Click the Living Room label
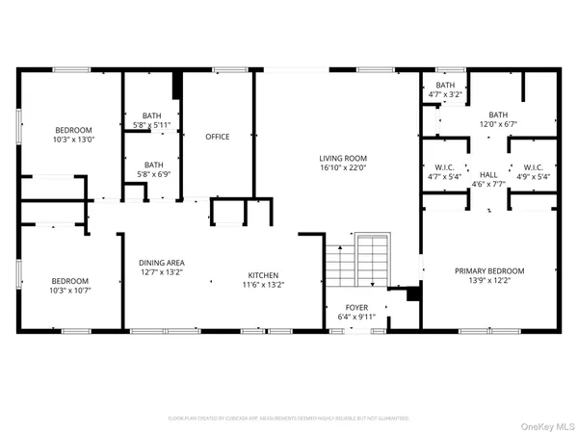click(344, 159)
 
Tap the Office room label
click(217, 137)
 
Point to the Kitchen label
click(262, 273)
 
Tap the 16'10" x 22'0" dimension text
click(344, 169)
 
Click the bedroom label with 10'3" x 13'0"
click(72, 130)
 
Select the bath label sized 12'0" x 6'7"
click(497, 115)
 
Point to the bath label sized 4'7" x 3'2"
click(445, 85)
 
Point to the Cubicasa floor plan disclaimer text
click(288, 419)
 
